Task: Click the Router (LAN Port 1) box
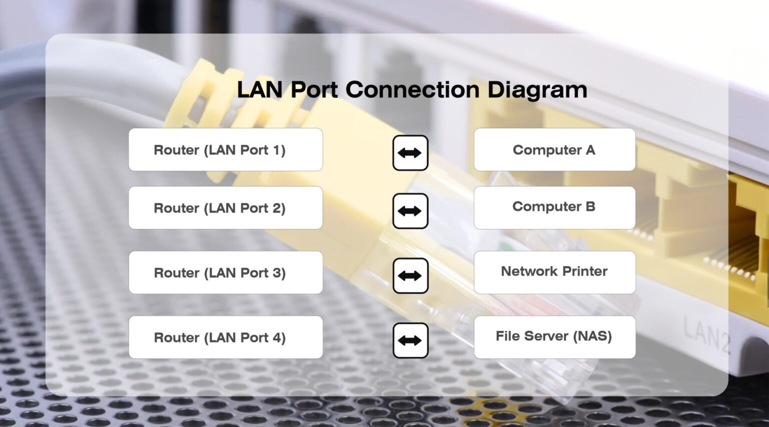pyautogui.click(x=225, y=150)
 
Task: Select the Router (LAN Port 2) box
pyautogui.click(x=225, y=208)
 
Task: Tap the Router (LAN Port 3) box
pyautogui.click(x=225, y=273)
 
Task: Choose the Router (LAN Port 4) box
pyautogui.click(x=225, y=337)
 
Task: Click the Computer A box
pyautogui.click(x=554, y=150)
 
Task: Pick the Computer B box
pyautogui.click(x=554, y=207)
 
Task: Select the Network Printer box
pyautogui.click(x=554, y=272)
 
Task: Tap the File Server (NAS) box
pyautogui.click(x=554, y=337)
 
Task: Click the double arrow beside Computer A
pyautogui.click(x=410, y=153)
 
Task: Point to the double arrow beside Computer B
pyautogui.click(x=410, y=211)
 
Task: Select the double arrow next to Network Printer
pyautogui.click(x=410, y=276)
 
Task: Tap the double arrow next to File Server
pyautogui.click(x=410, y=340)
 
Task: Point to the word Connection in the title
pyautogui.click(x=413, y=90)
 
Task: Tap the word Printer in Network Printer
pyautogui.click(x=584, y=271)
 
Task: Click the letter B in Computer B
pyautogui.click(x=590, y=206)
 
